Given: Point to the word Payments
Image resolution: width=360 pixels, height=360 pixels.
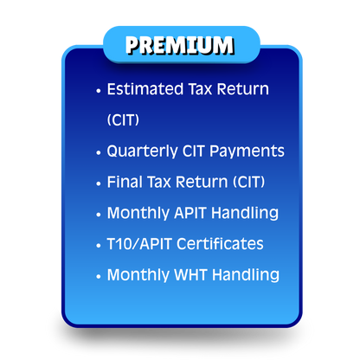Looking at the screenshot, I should (251, 151).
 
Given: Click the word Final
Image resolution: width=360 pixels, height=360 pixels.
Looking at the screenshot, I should (123, 182).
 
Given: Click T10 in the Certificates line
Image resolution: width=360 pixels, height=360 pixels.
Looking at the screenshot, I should (119, 244).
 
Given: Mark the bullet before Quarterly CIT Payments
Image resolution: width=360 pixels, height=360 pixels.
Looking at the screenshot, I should (99, 152).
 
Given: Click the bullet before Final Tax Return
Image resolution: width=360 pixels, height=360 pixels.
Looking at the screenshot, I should (99, 183).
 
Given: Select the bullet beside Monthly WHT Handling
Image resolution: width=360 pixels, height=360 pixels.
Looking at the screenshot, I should (99, 276).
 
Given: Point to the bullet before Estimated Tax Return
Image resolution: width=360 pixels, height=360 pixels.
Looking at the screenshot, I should (99, 90).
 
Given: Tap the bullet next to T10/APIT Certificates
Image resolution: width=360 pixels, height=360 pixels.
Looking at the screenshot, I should (99, 245).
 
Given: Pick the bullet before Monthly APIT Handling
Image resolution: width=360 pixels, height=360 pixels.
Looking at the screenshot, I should (99, 214).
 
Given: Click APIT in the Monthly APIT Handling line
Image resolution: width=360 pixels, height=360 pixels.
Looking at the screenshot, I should (190, 213).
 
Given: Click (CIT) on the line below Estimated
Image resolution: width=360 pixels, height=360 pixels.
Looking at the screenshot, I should (122, 120).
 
